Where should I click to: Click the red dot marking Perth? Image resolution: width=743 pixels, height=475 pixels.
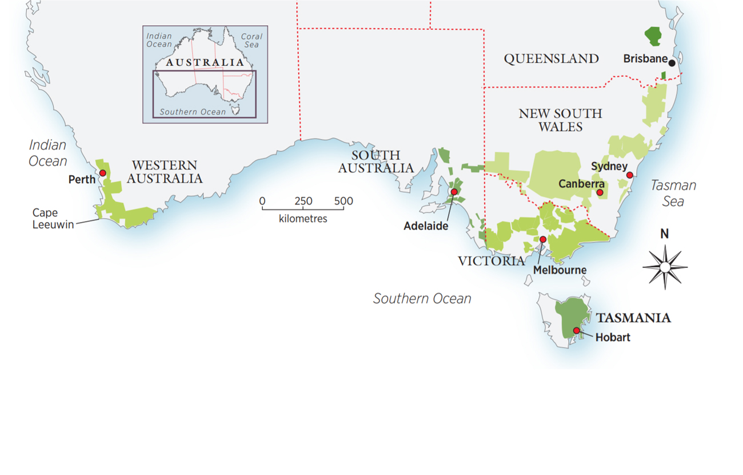pyautogui.click(x=103, y=173)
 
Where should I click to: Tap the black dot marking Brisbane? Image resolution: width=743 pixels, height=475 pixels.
pyautogui.click(x=672, y=63)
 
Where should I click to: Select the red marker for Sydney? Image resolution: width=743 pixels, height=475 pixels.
pyautogui.click(x=629, y=175)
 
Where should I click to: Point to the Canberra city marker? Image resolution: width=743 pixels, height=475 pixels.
pyautogui.click(x=600, y=193)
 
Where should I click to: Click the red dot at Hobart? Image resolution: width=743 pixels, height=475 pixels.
pyautogui.click(x=576, y=331)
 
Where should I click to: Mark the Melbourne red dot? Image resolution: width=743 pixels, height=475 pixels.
pyautogui.click(x=543, y=239)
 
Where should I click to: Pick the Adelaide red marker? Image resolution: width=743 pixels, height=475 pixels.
pyautogui.click(x=454, y=192)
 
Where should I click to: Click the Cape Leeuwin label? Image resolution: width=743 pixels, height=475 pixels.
pyautogui.click(x=53, y=219)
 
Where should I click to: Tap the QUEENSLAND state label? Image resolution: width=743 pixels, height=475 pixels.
pyautogui.click(x=551, y=58)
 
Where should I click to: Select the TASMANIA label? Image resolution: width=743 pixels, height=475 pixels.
pyautogui.click(x=633, y=318)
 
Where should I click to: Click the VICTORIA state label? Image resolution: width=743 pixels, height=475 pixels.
pyautogui.click(x=491, y=262)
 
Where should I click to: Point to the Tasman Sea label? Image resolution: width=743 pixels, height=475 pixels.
pyautogui.click(x=674, y=193)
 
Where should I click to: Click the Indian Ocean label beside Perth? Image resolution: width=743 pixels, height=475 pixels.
pyautogui.click(x=48, y=153)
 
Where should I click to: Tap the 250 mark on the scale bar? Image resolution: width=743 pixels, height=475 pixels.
pyautogui.click(x=303, y=201)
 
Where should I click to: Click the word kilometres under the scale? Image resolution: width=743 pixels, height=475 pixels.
pyautogui.click(x=303, y=219)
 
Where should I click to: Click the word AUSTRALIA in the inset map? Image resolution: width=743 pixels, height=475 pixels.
pyautogui.click(x=205, y=62)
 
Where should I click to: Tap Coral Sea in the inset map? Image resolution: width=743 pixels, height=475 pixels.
pyautogui.click(x=251, y=40)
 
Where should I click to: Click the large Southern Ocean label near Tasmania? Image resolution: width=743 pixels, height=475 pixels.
pyautogui.click(x=422, y=298)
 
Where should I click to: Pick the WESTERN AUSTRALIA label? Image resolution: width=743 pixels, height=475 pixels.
pyautogui.click(x=165, y=172)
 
